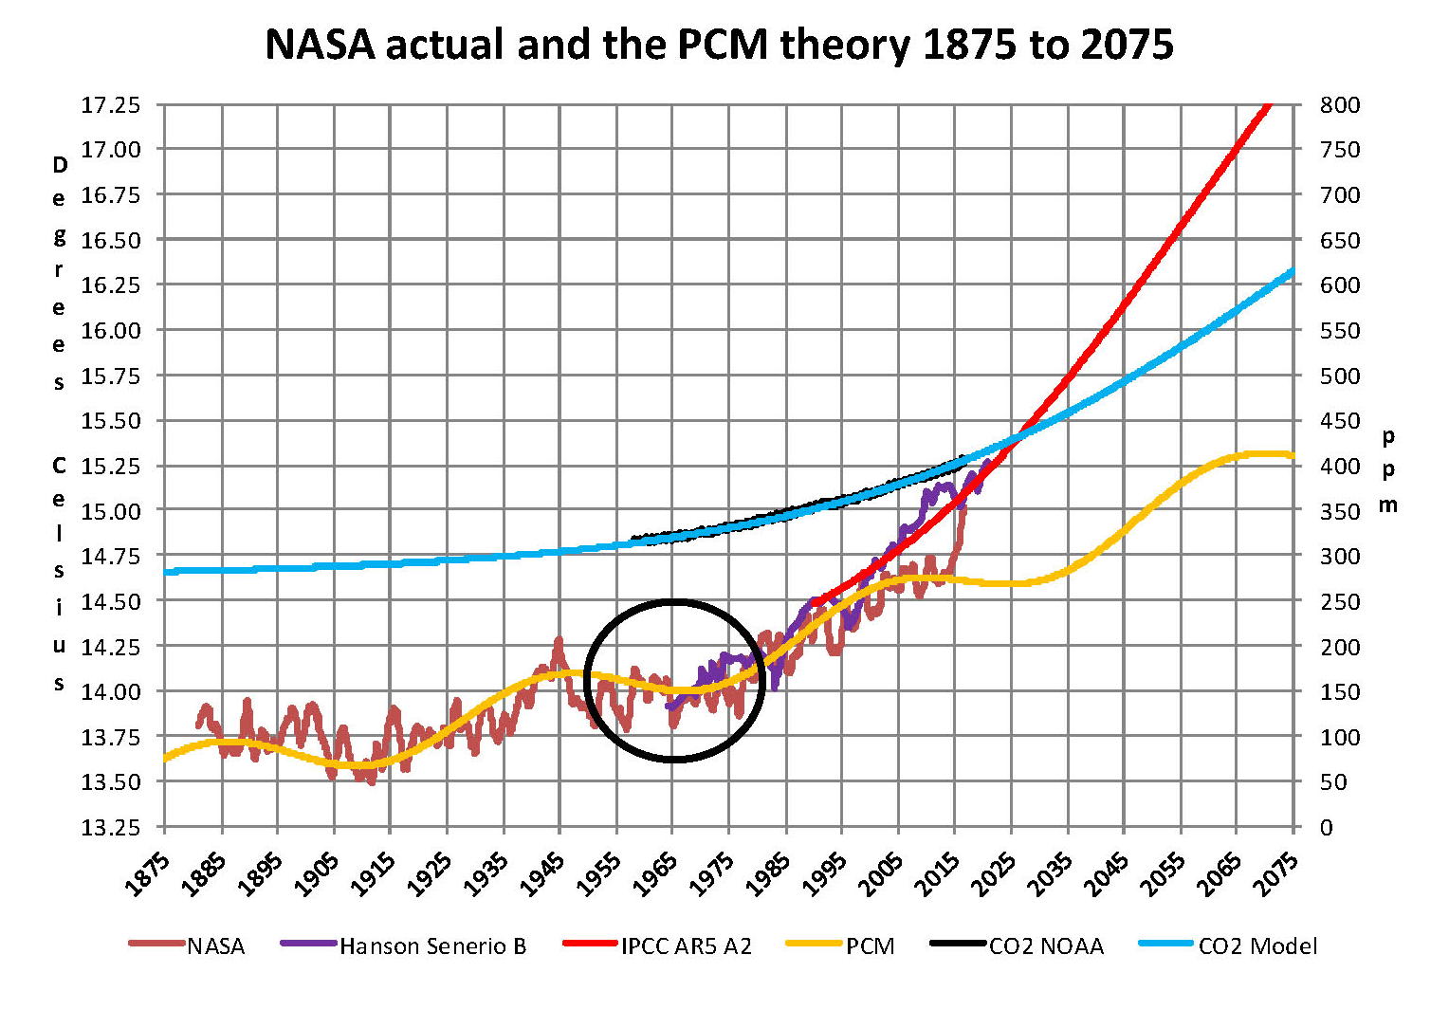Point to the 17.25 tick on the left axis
[110, 104]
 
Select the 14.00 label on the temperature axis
[110, 691]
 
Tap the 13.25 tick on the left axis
[110, 828]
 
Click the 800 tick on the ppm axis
[1339, 104]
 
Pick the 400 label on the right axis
[1339, 466]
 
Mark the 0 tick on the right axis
[1327, 828]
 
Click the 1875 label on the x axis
[147, 874]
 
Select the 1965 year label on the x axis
[654, 874]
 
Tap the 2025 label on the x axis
[993, 874]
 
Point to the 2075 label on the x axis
[1275, 874]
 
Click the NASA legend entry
[215, 945]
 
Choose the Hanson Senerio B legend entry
[432, 945]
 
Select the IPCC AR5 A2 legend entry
[686, 945]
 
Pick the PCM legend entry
[870, 945]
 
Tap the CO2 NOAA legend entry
[1046, 945]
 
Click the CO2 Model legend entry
[1257, 945]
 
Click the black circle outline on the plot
[585, 680]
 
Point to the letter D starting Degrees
[60, 165]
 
